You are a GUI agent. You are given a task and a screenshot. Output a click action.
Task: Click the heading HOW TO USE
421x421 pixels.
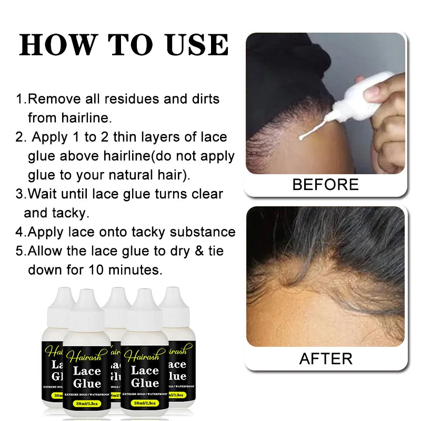(124, 45)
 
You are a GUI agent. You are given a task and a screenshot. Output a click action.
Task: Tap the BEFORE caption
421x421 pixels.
(325, 185)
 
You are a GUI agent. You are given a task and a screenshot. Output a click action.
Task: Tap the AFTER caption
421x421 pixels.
(326, 358)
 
